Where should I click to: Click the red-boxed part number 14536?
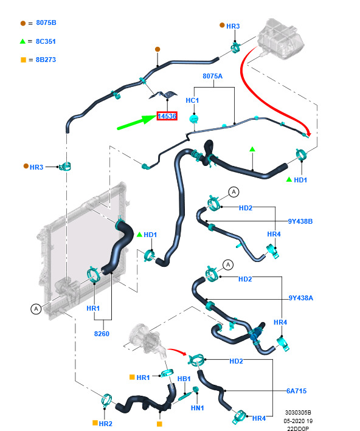167,116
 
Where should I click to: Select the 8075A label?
212,76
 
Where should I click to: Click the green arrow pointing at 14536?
137,122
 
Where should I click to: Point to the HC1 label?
192,100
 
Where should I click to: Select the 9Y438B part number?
300,221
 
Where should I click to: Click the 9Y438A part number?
300,298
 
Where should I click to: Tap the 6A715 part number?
296,391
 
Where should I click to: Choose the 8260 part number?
102,334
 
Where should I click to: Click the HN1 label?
197,408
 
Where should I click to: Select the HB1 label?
184,379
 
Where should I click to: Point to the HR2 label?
105,424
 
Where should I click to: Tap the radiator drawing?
83,250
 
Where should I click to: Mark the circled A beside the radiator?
36,309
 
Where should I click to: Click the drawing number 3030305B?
298,413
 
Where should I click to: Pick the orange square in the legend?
23,60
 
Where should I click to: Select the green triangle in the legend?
22,41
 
